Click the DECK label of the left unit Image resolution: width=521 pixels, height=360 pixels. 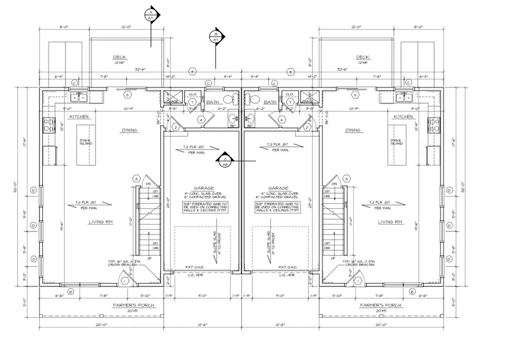tap(120, 57)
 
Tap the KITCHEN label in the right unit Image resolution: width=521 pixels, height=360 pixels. tap(403, 116)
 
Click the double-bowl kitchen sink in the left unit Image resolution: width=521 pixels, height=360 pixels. tap(79, 98)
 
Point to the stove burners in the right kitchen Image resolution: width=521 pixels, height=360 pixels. tap(434, 123)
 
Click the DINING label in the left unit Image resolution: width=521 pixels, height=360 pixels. tap(129, 130)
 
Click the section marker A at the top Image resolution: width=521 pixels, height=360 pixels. tap(151, 15)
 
